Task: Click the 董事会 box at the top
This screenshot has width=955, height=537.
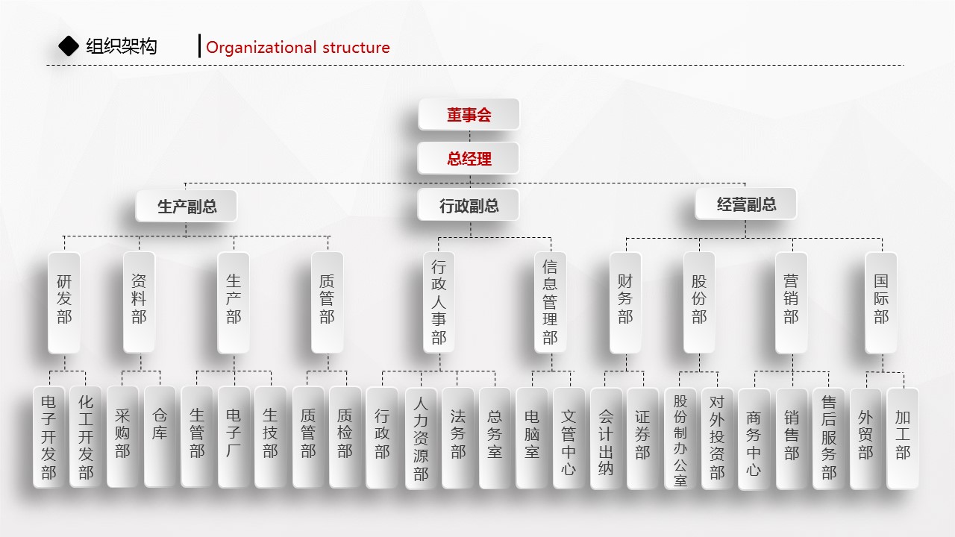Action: coord(469,115)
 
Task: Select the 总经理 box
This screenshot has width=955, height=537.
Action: coord(469,159)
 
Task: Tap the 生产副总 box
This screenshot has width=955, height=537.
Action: coord(187,206)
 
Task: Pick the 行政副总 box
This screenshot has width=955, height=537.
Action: coord(469,206)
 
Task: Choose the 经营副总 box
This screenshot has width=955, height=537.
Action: coord(746,204)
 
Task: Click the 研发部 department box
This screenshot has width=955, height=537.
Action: coord(64,302)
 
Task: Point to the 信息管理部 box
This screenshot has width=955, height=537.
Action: coord(550,302)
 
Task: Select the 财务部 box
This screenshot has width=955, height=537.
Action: coord(625,302)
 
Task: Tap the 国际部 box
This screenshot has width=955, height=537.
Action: coord(881,302)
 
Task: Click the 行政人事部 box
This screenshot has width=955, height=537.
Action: coord(439,302)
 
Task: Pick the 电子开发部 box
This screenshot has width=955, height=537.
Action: coord(48,437)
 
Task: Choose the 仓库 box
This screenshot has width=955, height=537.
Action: coord(160,437)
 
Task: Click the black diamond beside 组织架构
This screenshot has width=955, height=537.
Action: coord(69,46)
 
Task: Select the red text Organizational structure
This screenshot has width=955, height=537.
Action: coord(298,48)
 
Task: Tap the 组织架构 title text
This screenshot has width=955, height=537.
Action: coord(122,47)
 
